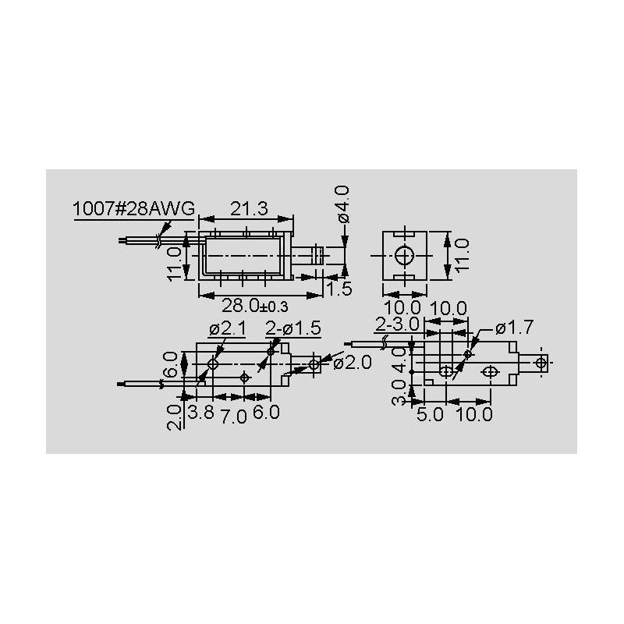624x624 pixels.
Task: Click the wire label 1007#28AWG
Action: [x=133, y=210]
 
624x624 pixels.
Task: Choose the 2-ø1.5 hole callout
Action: [x=292, y=328]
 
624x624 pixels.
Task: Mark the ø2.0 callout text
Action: [x=353, y=363]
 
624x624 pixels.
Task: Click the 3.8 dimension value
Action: [x=200, y=413]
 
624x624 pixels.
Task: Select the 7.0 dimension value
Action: [x=233, y=416]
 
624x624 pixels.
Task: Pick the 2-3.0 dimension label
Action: [x=398, y=323]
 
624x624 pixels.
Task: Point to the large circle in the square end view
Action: [x=405, y=257]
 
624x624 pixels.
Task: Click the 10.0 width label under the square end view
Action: [x=402, y=309]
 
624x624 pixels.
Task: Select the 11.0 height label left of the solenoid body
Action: [x=175, y=262]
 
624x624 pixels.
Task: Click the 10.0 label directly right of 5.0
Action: [x=475, y=414]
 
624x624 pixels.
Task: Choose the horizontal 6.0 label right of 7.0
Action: [x=266, y=413]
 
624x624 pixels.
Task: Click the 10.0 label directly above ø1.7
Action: [x=449, y=309]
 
